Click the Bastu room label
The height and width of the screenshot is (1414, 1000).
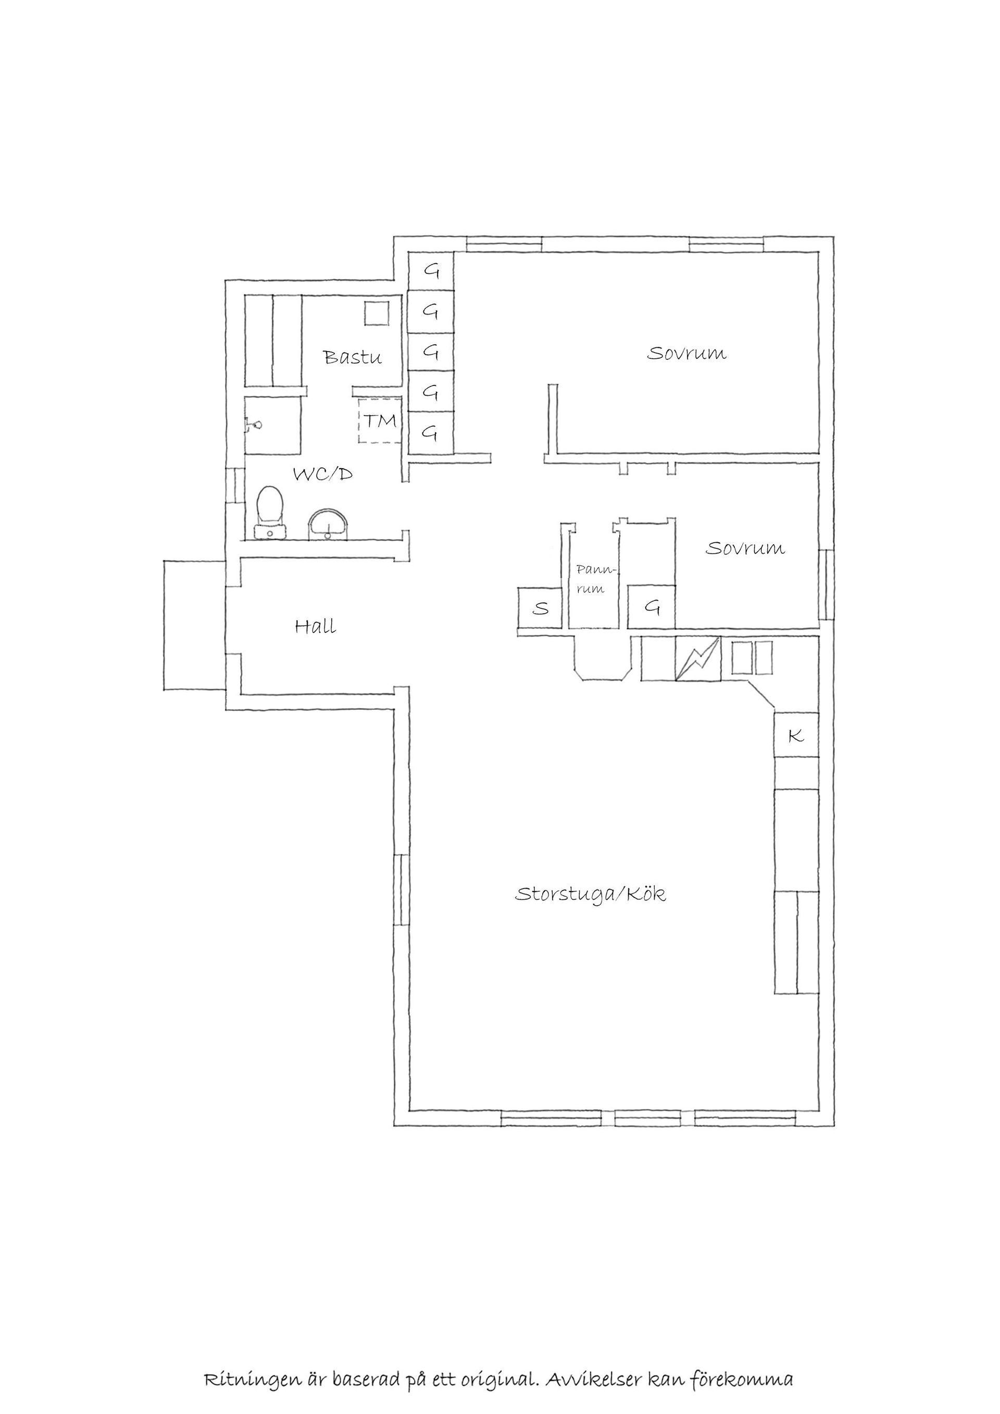click(353, 357)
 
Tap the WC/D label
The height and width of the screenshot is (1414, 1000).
click(323, 474)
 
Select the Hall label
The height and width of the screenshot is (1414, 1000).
click(315, 627)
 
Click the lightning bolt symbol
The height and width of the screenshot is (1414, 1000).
click(698, 659)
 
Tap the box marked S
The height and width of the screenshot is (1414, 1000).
click(540, 608)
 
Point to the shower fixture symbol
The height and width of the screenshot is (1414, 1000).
click(254, 425)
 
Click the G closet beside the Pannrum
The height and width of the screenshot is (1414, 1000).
click(652, 607)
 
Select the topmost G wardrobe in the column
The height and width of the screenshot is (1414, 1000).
click(432, 271)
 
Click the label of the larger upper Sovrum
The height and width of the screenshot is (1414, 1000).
click(686, 354)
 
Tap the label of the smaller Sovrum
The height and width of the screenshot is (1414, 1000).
click(745, 548)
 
